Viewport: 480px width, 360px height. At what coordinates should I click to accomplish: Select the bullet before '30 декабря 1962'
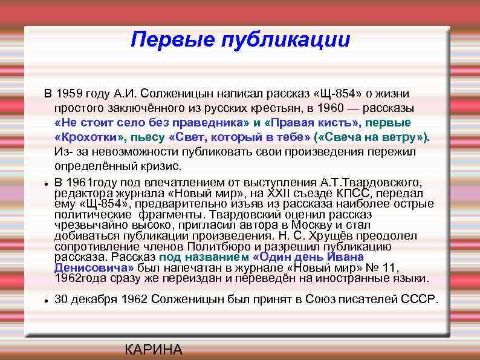45,299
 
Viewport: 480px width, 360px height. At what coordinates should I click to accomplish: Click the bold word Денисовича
94,267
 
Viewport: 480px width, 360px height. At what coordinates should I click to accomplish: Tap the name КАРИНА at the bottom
153,350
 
